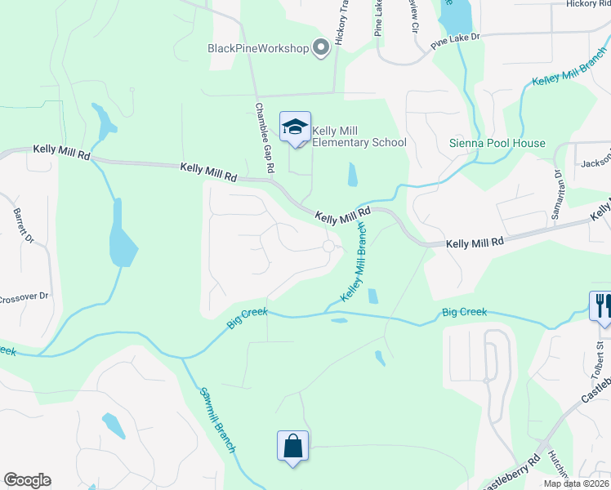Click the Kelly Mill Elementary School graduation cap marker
(x=295, y=127)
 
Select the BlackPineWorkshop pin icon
(x=320, y=48)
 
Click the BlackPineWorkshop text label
(x=258, y=48)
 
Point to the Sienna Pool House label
(x=497, y=143)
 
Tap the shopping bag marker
(x=292, y=446)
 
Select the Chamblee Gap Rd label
(x=264, y=138)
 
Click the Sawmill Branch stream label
(x=217, y=420)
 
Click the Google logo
(x=27, y=480)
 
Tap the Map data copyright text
(x=575, y=483)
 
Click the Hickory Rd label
(x=587, y=4)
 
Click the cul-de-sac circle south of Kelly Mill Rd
(x=329, y=246)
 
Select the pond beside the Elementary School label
(x=352, y=175)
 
